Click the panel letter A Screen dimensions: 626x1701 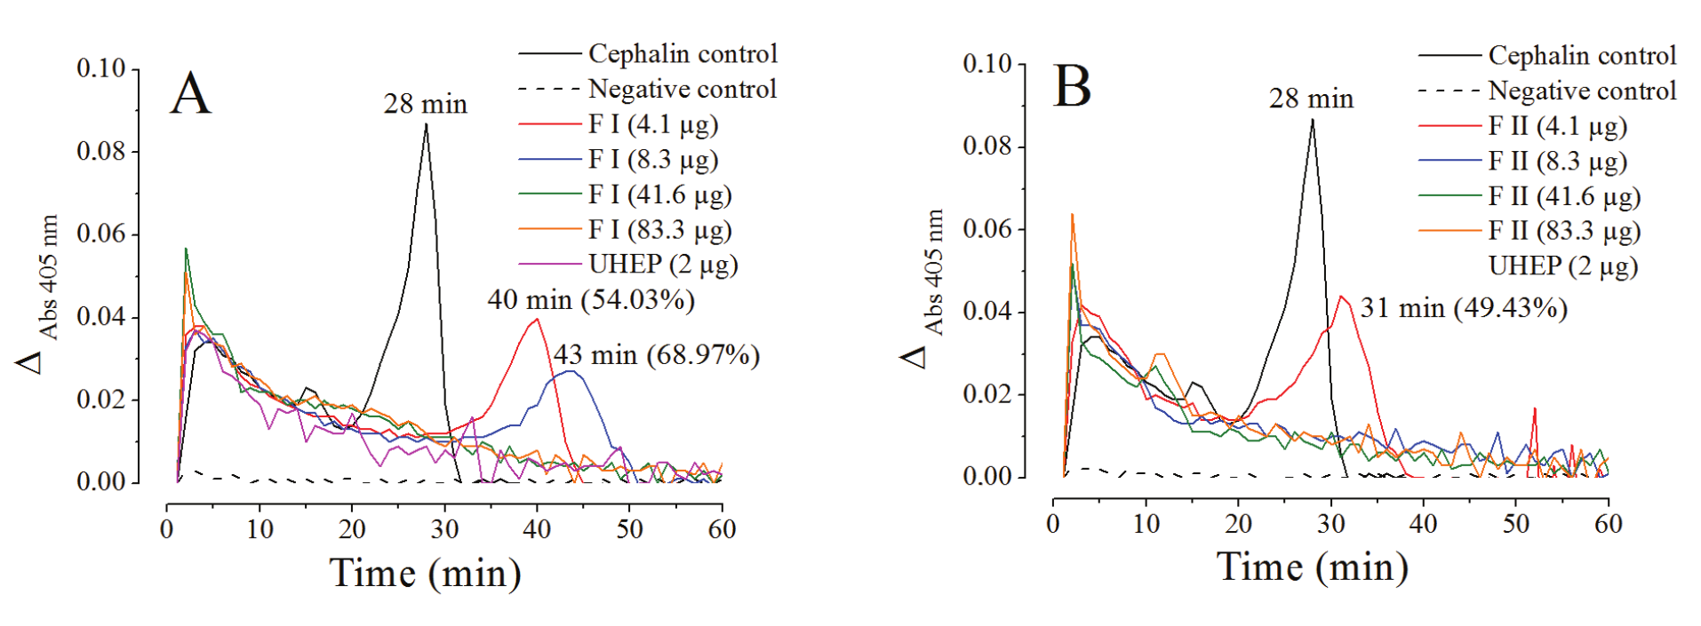[x=190, y=93]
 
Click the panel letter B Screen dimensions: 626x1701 [x=1071, y=87]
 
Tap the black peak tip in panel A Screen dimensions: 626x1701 [x=427, y=125]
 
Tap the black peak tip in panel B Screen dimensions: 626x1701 [x=1312, y=121]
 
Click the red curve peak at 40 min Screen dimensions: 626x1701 [x=536, y=320]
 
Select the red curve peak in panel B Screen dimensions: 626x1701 [x=1340, y=297]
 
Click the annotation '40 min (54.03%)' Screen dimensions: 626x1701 [x=590, y=300]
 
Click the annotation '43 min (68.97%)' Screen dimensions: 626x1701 [x=657, y=355]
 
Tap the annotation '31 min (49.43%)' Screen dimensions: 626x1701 [x=1463, y=308]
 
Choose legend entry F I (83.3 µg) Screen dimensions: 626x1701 [x=659, y=230]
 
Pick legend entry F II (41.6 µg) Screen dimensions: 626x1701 [x=1563, y=196]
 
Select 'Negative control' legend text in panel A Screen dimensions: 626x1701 [x=682, y=89]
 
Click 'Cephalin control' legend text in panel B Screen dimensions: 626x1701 [x=1582, y=55]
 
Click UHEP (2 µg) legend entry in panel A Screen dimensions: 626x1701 [x=662, y=265]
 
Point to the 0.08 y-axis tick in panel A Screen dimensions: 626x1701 [x=101, y=152]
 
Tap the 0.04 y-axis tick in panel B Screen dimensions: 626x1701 [x=987, y=312]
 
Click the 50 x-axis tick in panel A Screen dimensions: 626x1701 [x=629, y=529]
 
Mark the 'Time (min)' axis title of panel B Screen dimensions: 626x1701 [x=1312, y=567]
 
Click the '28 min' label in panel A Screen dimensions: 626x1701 [x=425, y=104]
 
